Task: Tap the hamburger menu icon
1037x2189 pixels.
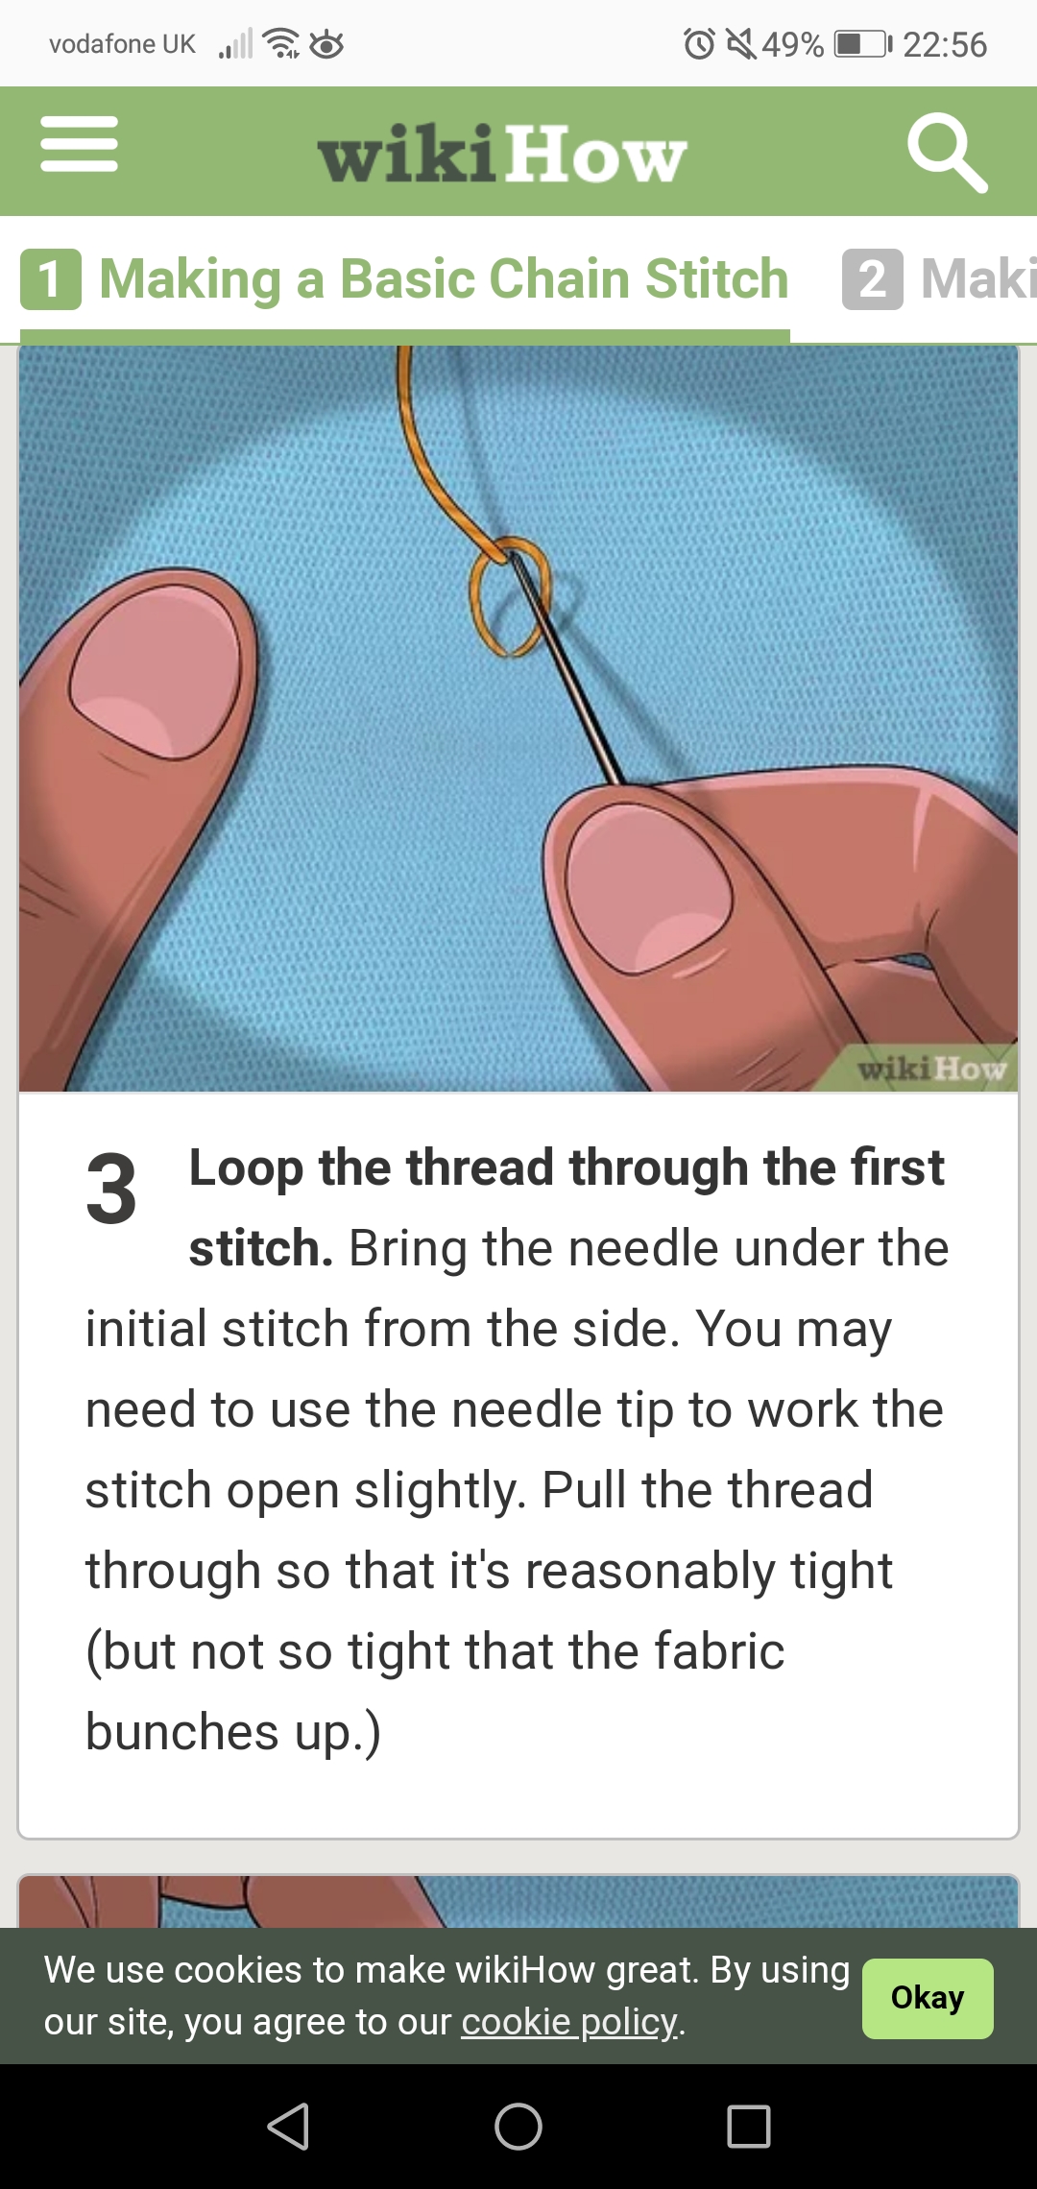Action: [79, 144]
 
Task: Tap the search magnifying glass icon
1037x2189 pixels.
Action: [947, 153]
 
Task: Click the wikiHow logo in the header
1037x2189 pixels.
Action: [502, 154]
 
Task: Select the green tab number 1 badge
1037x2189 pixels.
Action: [51, 279]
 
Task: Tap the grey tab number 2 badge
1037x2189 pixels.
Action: [873, 279]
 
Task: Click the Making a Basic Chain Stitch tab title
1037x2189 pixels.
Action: [444, 279]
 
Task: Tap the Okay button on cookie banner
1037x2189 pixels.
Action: [928, 1998]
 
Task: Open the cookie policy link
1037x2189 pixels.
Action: [570, 2021]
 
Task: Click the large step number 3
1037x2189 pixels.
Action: [111, 1191]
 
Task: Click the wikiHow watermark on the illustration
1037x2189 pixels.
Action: [931, 1069]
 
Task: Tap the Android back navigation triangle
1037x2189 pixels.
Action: [288, 2126]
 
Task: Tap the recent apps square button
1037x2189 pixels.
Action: [749, 2126]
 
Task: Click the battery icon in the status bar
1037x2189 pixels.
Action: [862, 44]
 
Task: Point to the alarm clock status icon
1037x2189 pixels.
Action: [699, 44]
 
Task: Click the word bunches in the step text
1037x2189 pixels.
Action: [182, 1732]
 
